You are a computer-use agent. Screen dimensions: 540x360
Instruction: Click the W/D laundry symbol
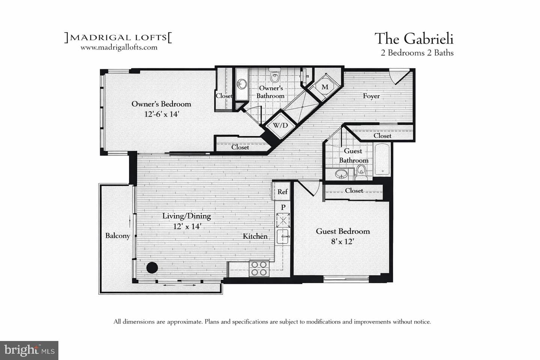pos(280,125)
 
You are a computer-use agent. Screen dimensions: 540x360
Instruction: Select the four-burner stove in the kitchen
pos(259,268)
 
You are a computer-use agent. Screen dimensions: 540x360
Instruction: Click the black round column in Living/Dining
pos(152,268)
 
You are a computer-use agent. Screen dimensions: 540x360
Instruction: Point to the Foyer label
pos(371,96)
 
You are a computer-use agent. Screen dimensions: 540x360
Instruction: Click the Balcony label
pos(118,235)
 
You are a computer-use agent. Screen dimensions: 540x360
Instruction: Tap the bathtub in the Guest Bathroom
pos(382,159)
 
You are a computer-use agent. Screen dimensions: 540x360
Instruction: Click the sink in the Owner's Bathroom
pos(242,84)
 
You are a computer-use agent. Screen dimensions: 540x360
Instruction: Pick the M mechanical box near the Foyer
pos(325,87)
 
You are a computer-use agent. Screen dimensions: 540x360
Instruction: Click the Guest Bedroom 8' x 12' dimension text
pos(342,241)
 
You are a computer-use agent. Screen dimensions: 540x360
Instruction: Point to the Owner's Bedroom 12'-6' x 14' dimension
pos(162,114)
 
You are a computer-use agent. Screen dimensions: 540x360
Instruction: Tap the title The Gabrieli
pos(414,39)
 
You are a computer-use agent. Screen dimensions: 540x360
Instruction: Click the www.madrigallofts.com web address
pos(119,48)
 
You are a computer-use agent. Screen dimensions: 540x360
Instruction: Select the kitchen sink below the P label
pos(283,237)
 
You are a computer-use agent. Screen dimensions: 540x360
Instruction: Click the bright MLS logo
pos(29,350)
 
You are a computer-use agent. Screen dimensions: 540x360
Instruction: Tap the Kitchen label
pos(255,236)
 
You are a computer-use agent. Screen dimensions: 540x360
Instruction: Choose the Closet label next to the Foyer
pos(382,136)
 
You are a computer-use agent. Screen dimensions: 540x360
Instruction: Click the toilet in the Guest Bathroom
pos(361,172)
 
